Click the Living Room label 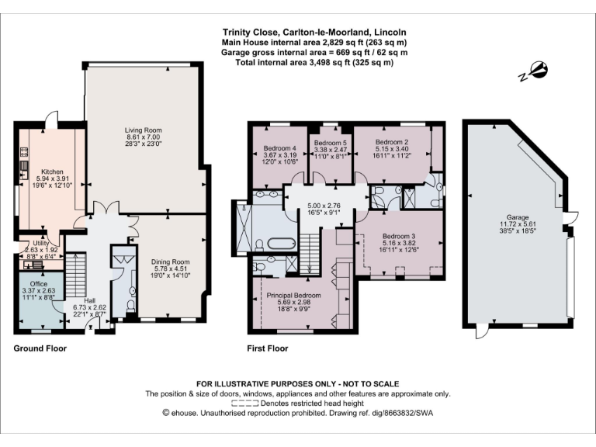[144, 130]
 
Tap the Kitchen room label [52, 172]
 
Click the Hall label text [91, 300]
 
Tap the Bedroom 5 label [329, 142]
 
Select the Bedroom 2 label [392, 142]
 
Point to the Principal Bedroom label [294, 295]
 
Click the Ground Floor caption [40, 348]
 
